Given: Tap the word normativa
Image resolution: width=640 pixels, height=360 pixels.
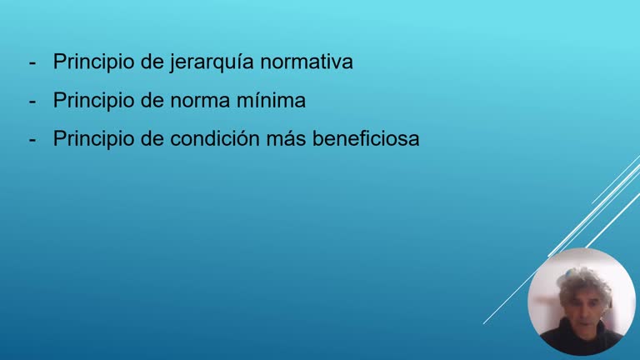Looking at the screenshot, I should pos(307,62).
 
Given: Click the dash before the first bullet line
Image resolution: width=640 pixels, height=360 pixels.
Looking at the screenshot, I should pos(32,63).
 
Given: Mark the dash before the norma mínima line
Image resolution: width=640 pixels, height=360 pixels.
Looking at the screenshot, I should pos(32,102).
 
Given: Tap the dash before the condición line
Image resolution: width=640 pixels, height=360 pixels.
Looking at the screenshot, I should pos(32,140).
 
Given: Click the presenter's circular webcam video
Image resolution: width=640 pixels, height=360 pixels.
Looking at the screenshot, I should pos(582,302).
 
